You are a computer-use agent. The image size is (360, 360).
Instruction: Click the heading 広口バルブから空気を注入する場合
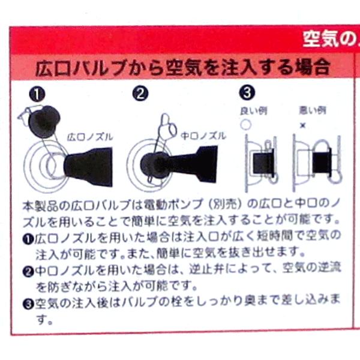tap(183, 66)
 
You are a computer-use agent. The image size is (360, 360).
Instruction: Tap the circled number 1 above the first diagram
tap(37, 94)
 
